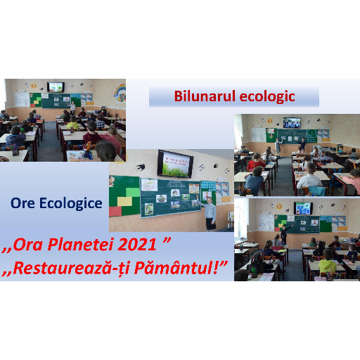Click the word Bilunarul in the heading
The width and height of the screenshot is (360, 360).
(205, 96)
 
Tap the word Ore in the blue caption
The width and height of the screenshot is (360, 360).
(22, 203)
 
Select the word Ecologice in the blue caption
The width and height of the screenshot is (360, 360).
(71, 203)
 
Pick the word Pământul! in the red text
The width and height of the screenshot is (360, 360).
(181, 268)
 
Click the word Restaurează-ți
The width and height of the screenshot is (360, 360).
(72, 269)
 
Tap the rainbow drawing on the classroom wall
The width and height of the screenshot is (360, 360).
(120, 93)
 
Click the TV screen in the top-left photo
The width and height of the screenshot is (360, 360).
(56, 87)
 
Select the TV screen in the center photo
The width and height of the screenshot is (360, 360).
(176, 164)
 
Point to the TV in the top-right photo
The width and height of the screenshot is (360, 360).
(292, 123)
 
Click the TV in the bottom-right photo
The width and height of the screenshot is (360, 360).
(303, 208)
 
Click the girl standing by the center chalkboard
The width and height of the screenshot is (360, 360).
(210, 213)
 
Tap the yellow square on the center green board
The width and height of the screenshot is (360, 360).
(124, 201)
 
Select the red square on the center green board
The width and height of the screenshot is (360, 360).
(115, 212)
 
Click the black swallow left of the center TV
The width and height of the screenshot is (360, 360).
(140, 167)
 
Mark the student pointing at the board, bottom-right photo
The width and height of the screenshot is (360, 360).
(285, 233)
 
